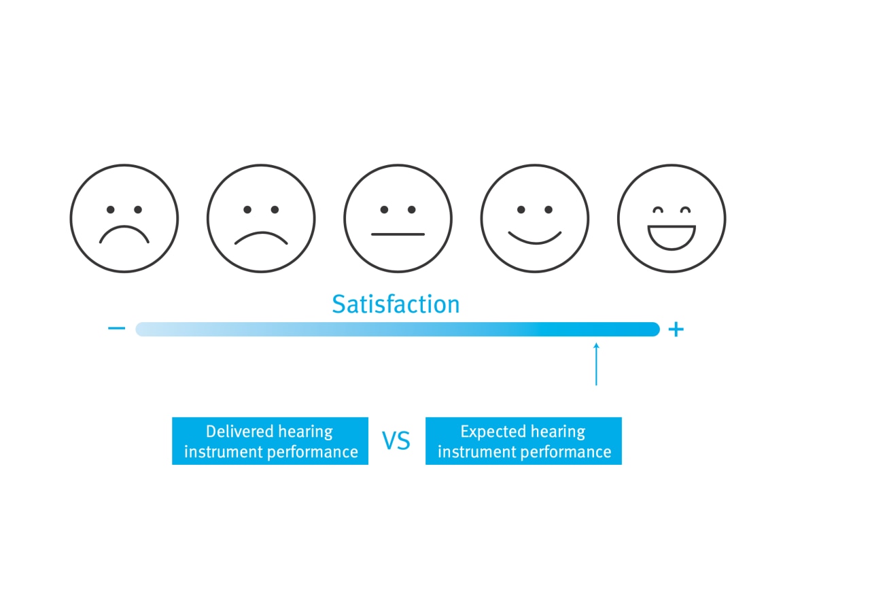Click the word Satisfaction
pos(396,304)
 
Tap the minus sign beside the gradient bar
pos(116,329)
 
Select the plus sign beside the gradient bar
pos(675,330)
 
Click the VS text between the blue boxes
pos(396,442)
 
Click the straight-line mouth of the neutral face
pos(398,234)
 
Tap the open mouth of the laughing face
pos(672,236)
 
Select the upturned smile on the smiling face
pos(535,237)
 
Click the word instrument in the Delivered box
pos(218,452)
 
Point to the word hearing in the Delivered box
pos(306,432)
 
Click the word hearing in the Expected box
pos(559,432)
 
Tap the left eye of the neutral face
pos(384,210)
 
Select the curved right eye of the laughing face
pos(685,209)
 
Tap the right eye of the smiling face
pos(549,210)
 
